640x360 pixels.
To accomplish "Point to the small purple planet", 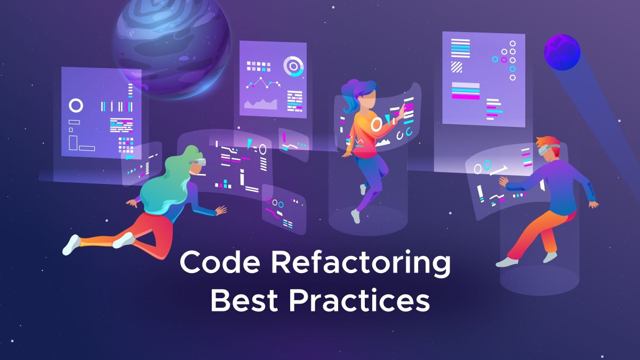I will coord(562,52).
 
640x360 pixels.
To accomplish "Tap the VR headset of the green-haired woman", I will coord(198,162).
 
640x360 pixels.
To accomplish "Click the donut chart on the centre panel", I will coord(293,67).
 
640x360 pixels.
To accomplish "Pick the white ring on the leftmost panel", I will coord(76,106).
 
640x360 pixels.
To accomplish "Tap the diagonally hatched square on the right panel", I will coord(457,67).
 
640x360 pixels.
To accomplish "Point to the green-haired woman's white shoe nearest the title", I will coord(124,241).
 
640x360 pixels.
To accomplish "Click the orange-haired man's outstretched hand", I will coord(503,181).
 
